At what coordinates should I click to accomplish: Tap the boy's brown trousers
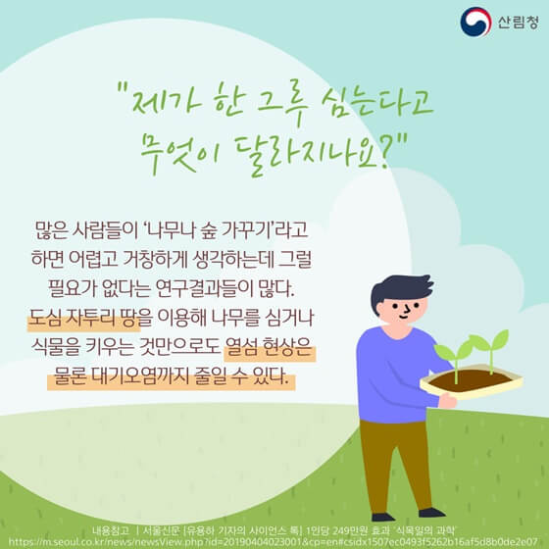(x=397, y=461)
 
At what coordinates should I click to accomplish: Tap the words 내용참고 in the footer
(x=111, y=526)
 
